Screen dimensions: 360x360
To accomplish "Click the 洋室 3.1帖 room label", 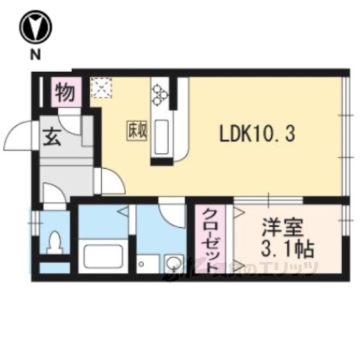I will coord(287,236).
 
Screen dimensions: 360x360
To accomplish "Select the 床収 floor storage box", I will coord(136,128).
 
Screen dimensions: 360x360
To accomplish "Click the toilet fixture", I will coord(53,242).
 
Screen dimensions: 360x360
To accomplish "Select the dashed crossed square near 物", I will coord(100,89).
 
